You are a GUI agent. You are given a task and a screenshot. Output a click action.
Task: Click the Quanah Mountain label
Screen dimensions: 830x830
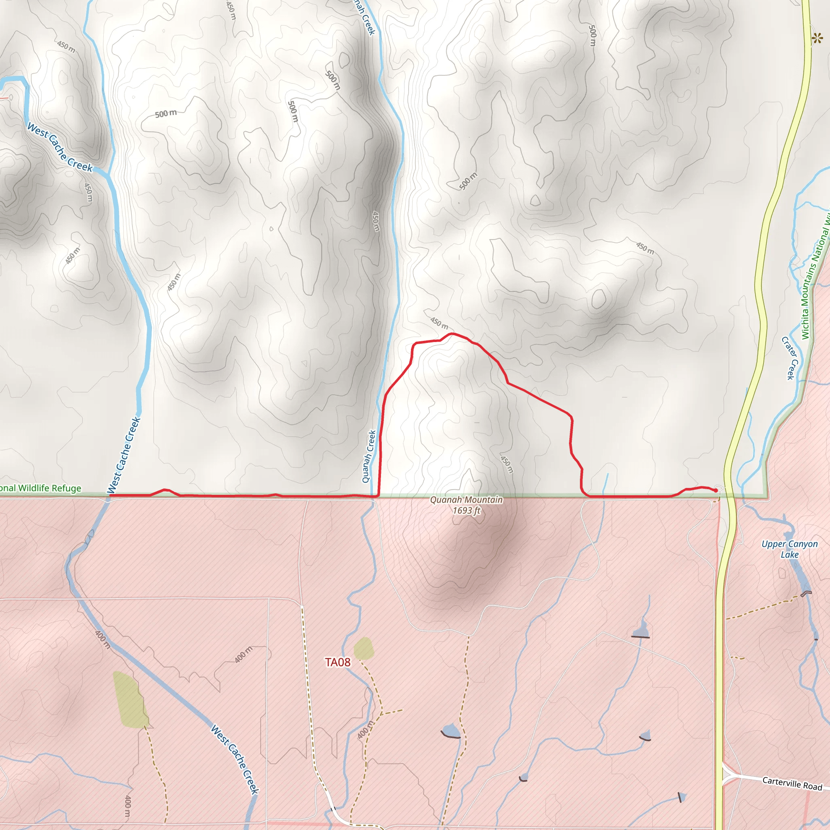click(x=466, y=500)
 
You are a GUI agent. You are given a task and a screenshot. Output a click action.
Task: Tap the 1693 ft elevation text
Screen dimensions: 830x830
click(x=466, y=510)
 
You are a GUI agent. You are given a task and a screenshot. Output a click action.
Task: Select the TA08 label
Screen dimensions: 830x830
click(x=338, y=663)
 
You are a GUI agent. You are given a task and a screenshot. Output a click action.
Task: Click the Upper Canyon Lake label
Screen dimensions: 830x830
click(x=789, y=549)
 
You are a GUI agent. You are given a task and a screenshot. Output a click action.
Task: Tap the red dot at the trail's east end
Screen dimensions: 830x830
click(x=716, y=490)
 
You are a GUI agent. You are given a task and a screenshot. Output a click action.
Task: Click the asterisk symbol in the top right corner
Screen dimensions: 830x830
click(x=817, y=39)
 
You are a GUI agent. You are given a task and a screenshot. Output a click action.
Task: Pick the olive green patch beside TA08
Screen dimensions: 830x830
click(x=364, y=648)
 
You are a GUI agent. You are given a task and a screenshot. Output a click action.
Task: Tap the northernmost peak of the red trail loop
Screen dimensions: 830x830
click(x=451, y=334)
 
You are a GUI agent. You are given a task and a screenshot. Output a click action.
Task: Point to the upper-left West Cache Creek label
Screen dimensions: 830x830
click(x=60, y=148)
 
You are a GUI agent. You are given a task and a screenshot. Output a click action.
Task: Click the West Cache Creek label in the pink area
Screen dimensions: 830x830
click(x=235, y=759)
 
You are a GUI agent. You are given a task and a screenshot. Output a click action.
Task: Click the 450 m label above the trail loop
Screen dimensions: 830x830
click(x=439, y=323)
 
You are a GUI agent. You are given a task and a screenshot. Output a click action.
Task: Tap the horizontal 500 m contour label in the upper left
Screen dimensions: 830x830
click(x=166, y=113)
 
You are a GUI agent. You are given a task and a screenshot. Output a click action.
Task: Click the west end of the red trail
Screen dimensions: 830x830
click(x=111, y=495)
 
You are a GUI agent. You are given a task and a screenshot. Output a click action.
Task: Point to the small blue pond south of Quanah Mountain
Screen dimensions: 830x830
click(x=451, y=730)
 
